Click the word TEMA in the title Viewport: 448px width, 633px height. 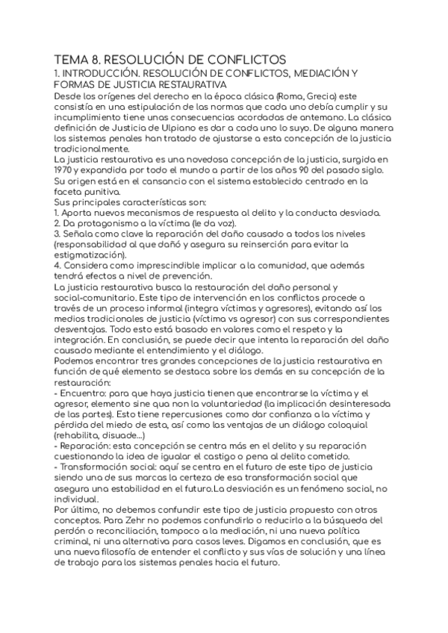[x=73, y=59]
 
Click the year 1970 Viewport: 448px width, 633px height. [x=66, y=171]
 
